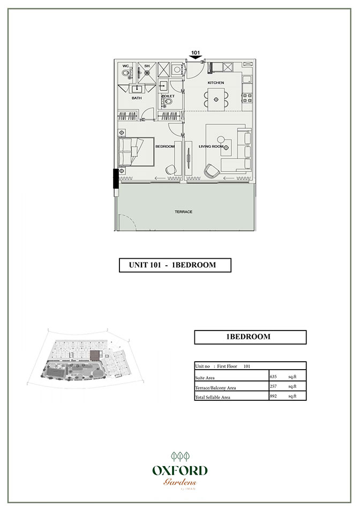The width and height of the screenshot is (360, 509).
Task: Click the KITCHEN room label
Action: point(216,83)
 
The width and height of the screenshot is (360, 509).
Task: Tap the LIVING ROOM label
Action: point(211,146)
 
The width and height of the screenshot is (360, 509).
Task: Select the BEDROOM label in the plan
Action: point(165,146)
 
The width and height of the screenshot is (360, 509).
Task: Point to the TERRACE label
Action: point(183,212)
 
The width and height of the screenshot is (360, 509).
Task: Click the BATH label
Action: point(137,98)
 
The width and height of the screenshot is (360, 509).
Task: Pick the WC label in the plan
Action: point(126,66)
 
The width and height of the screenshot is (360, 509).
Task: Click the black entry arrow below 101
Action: point(196,58)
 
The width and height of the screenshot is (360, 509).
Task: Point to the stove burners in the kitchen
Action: point(248,98)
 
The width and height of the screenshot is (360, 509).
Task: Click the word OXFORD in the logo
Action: point(179,471)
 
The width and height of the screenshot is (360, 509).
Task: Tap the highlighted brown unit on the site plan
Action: point(95,354)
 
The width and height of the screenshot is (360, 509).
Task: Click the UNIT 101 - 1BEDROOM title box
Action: point(175,265)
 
